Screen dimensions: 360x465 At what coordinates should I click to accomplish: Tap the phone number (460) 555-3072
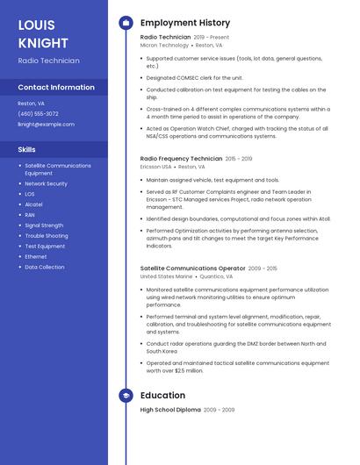38,113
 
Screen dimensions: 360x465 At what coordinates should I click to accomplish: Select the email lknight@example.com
46,124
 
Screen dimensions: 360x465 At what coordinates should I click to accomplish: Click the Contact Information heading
56,87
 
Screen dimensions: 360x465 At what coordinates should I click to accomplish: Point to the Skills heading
26,149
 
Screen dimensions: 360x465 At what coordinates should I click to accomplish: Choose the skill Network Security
46,183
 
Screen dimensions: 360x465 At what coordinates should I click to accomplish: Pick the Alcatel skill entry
33,204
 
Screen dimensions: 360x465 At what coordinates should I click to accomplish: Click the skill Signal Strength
44,225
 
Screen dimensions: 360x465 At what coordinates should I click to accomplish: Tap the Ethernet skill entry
36,256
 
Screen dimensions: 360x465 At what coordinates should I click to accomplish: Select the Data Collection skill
44,267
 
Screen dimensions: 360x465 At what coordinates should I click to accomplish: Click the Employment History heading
185,23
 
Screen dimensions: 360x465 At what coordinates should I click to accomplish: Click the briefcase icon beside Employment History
125,23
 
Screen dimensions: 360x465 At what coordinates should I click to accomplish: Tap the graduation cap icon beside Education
125,396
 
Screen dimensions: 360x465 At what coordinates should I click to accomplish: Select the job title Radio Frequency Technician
181,159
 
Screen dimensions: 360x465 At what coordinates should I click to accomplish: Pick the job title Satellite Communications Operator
192,268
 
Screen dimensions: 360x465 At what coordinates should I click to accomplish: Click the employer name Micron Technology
164,45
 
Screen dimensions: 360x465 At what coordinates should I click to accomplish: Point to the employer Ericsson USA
155,167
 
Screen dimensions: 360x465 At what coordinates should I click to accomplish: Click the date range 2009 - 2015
263,268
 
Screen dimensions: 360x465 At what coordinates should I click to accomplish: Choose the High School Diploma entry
170,410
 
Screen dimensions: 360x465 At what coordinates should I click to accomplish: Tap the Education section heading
162,396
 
